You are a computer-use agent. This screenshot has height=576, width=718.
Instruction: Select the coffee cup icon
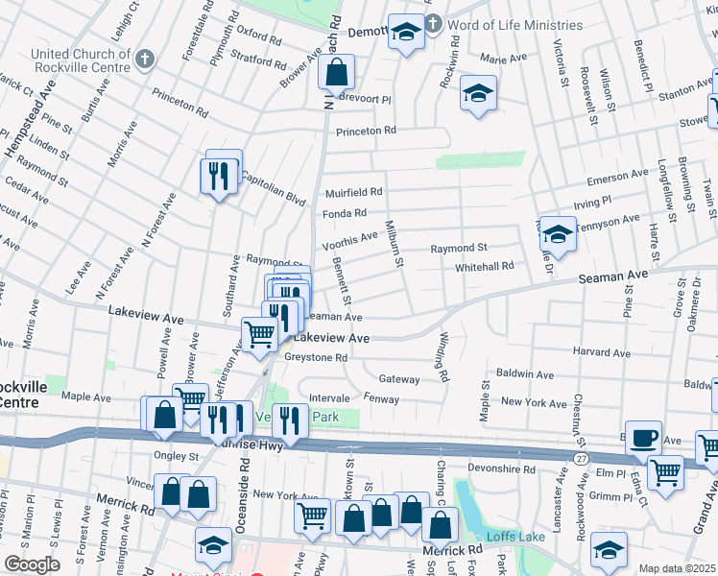pyautogui.click(x=644, y=438)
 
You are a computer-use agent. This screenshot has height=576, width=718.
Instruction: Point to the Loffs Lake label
pyautogui.click(x=508, y=537)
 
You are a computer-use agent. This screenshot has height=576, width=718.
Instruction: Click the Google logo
pyautogui.click(x=31, y=564)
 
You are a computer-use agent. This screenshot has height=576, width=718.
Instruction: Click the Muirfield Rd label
pyautogui.click(x=353, y=192)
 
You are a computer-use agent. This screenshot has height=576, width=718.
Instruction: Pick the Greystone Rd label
pyautogui.click(x=315, y=357)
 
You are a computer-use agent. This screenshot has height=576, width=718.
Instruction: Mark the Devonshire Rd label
pyautogui.click(x=501, y=468)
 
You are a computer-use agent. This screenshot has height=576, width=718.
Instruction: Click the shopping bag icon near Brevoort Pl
pyautogui.click(x=337, y=72)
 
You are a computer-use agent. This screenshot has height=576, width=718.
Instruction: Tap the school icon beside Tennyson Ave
pyautogui.click(x=557, y=233)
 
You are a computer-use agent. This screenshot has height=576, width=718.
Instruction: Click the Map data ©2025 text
pyautogui.click(x=676, y=568)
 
